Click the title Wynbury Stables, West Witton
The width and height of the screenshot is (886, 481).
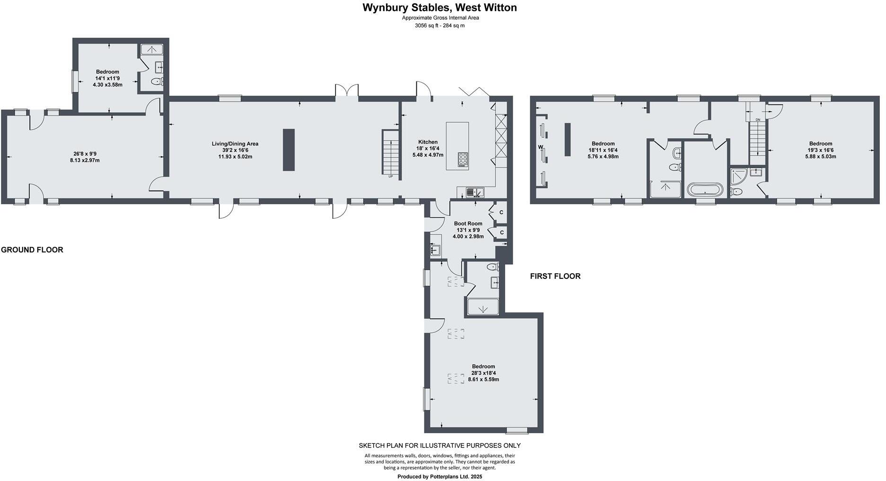439,8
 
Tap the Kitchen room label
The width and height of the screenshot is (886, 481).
428,142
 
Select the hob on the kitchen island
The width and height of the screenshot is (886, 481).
463,160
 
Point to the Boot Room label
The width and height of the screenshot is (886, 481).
468,223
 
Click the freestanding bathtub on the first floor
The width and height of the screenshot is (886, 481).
705,190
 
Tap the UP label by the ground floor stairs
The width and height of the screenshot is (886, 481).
390,177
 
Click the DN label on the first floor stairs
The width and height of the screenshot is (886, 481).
758,120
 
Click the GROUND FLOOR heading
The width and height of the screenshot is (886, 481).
32,250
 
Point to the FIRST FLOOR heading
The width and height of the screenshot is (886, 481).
555,276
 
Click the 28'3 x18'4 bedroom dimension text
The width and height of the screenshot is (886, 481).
483,373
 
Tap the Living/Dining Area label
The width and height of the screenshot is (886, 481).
235,144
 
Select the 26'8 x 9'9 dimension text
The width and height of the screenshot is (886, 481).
85,154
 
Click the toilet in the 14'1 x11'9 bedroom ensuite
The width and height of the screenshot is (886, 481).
156,82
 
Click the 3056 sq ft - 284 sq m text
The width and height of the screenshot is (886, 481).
439,26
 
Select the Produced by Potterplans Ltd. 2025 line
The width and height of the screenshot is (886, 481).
439,477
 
